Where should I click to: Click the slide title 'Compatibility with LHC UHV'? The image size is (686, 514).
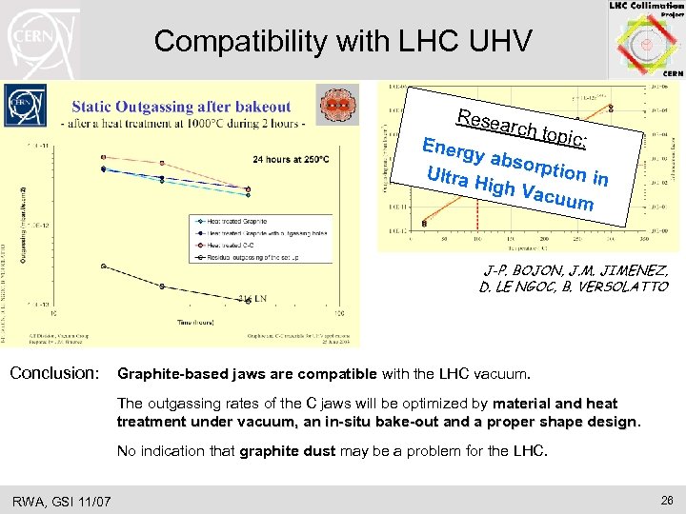(x=343, y=41)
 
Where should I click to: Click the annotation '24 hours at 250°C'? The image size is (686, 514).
(x=266, y=159)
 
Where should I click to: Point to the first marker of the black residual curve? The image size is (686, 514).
(x=104, y=266)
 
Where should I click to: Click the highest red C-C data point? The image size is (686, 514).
(x=104, y=156)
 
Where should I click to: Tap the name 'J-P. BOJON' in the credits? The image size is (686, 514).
(x=515, y=270)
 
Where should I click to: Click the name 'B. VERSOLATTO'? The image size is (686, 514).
(x=620, y=287)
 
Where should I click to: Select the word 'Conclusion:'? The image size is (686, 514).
(x=54, y=372)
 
